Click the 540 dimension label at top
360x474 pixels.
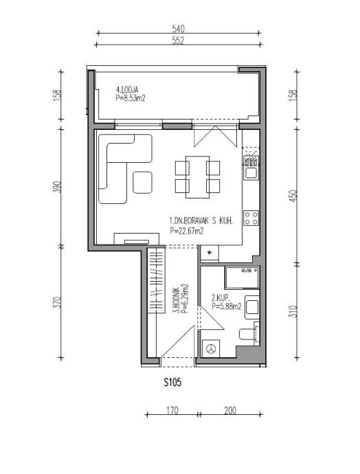pos(179,29)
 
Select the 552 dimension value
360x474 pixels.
pos(179,41)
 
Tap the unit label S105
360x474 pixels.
pos(172,383)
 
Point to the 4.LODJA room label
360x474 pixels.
pos(127,89)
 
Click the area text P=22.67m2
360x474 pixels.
pos(186,232)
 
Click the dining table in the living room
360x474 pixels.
pos(197,177)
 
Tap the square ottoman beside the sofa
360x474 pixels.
pos(142,182)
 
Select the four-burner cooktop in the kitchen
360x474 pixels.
pos(251,218)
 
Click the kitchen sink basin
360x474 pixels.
pos(251,173)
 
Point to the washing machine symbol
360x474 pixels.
pos(211,348)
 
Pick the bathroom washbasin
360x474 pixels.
pos(251,308)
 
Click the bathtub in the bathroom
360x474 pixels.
pos(242,278)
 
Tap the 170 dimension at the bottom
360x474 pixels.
pos(172,411)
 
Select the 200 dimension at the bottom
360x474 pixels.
pos(230,411)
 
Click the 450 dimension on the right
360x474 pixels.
pos(294,196)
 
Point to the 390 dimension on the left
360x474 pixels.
pos(58,187)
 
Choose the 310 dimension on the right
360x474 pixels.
pos(294,311)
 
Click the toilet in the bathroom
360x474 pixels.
pos(249,334)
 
